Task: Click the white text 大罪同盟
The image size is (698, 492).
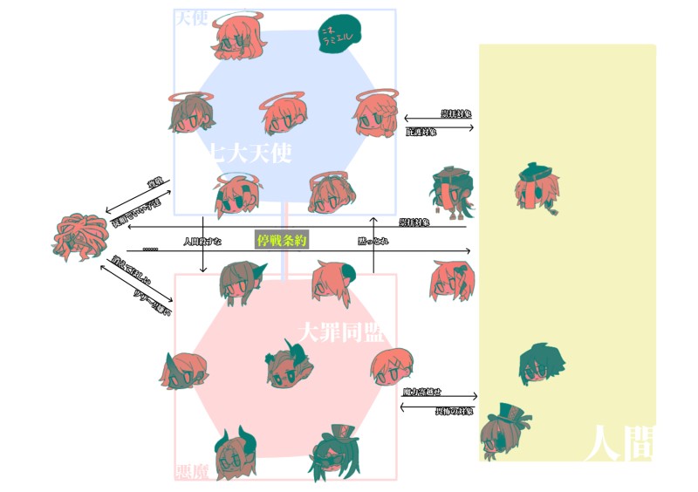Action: click(x=340, y=331)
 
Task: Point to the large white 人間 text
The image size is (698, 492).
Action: click(x=619, y=443)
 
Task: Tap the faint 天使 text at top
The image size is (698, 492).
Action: click(x=192, y=17)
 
